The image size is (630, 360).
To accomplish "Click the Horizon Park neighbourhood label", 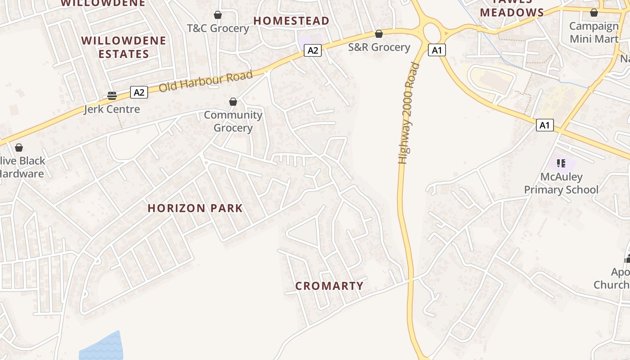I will (x=195, y=208).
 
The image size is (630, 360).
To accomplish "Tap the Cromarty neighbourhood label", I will (x=329, y=286).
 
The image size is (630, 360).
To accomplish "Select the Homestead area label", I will (x=291, y=21).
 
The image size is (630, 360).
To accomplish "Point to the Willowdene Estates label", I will (x=124, y=47).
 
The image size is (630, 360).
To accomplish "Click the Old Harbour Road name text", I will (x=206, y=81).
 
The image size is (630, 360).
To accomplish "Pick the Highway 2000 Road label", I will (x=408, y=113).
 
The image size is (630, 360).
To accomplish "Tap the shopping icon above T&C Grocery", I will (x=218, y=15).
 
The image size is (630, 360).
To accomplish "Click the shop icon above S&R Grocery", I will (x=379, y=34).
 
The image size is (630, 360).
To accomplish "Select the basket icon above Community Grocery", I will (x=233, y=102).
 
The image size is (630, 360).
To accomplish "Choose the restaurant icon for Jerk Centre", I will (x=112, y=95).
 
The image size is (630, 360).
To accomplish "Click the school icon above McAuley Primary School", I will (x=561, y=163).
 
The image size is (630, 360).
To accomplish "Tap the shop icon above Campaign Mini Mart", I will (x=594, y=13).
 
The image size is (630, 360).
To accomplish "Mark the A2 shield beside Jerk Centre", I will (x=139, y=93).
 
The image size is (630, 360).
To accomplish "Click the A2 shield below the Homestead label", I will (x=313, y=50).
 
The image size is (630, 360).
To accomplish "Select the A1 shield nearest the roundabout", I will (x=436, y=50).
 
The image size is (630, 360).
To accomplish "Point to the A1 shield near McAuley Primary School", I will (x=544, y=125).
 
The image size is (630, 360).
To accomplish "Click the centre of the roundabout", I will (x=432, y=32).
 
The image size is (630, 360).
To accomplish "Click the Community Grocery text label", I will (x=233, y=121).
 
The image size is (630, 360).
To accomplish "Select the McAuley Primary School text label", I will (x=561, y=183).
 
